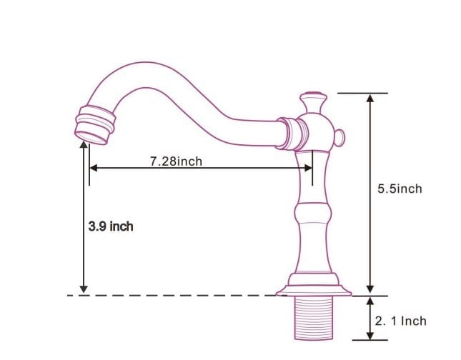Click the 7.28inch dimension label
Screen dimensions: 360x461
coord(176,161)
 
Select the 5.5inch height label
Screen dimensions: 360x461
coord(400,189)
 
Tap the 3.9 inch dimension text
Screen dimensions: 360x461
coord(110,226)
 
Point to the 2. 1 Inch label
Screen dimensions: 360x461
coord(400,321)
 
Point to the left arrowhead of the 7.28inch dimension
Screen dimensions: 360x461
coord(93,169)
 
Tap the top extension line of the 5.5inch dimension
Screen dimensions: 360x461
coord(362,93)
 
